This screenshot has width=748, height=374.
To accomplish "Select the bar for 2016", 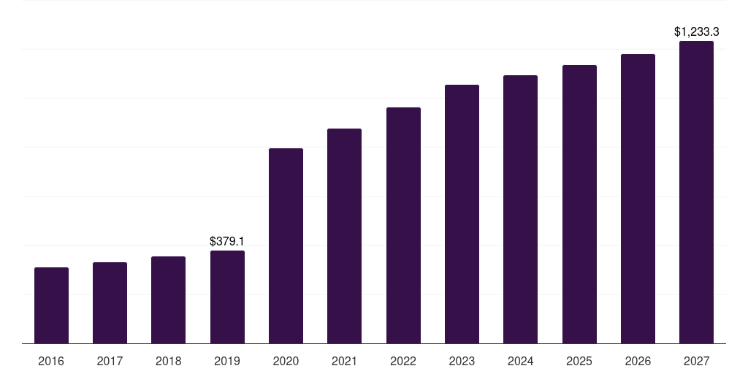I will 51,305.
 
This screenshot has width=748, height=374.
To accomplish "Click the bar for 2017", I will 110,303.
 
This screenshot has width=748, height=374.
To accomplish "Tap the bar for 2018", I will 169,300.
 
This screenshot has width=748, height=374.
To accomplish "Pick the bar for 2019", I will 227,297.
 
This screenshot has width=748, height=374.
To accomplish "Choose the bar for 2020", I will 286,246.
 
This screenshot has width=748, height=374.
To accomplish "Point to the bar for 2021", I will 345,236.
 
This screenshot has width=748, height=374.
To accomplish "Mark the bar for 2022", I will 403,226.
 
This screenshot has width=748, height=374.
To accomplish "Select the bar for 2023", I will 462,214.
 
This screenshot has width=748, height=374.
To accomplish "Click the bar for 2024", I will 521,210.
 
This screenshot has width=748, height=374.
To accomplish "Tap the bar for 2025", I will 579,205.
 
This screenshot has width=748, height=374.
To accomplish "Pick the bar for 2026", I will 638,199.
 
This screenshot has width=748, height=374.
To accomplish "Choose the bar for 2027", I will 696,192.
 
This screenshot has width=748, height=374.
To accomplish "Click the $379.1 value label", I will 227,241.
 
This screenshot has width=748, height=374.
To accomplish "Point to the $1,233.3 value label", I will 696,31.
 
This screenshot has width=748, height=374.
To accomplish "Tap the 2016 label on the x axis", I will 51,361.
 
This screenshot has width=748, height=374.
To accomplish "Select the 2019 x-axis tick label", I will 227,361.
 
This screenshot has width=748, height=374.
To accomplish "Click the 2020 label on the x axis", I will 286,361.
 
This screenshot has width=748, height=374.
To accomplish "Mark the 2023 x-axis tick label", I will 462,361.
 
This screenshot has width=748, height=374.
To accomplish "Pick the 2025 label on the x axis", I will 579,361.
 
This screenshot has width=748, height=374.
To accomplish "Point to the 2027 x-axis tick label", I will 696,361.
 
